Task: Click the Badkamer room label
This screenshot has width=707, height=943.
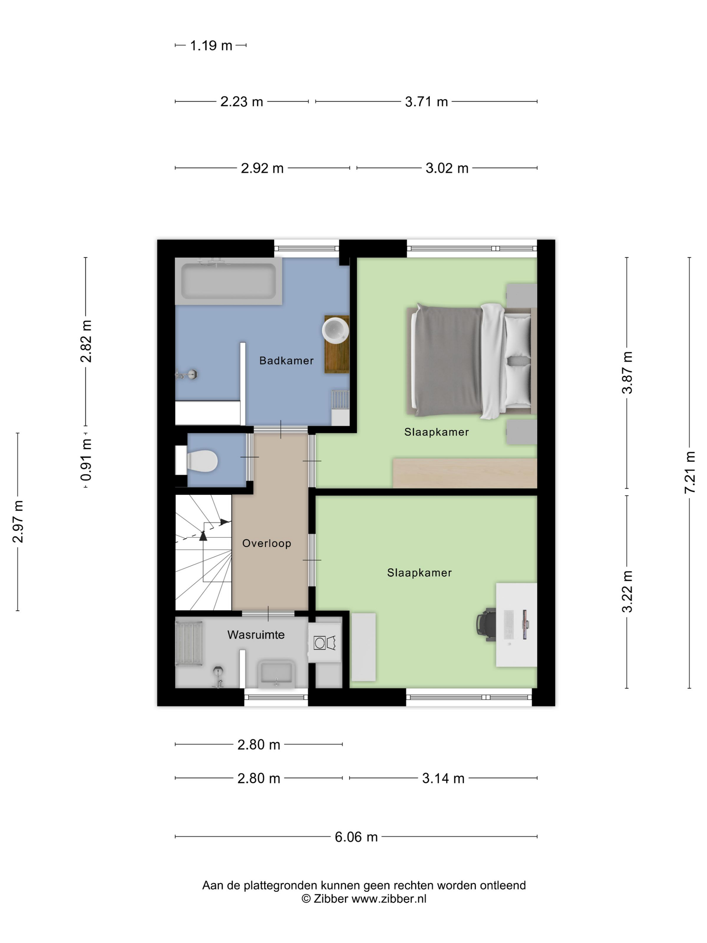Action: click(x=287, y=361)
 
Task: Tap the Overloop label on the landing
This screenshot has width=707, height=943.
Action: click(x=267, y=543)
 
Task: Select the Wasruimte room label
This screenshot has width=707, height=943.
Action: click(x=256, y=635)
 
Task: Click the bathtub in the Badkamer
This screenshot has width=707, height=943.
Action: click(x=228, y=281)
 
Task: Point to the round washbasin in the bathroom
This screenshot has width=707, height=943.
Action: click(x=335, y=329)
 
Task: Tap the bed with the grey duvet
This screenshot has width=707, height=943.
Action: click(x=471, y=361)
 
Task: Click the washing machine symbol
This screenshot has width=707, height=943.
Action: click(x=325, y=643)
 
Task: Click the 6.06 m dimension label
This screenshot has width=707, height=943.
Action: click(x=356, y=837)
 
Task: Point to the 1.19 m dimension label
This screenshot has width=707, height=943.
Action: click(x=211, y=45)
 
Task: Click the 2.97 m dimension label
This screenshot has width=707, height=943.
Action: click(x=18, y=522)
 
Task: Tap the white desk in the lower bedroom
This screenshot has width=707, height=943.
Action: click(x=516, y=625)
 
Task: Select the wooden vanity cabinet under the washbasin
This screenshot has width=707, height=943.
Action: click(x=337, y=345)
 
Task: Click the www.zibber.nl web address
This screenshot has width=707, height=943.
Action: click(x=389, y=898)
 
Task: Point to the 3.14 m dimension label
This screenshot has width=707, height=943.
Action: click(x=443, y=778)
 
